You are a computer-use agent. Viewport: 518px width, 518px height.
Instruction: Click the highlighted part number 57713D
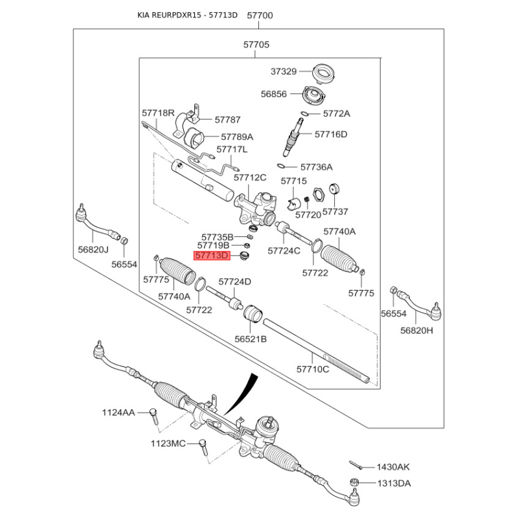(x=212, y=256)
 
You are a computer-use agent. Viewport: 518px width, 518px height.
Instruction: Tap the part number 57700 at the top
(x=260, y=16)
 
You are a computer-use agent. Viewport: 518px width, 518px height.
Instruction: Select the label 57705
(x=256, y=45)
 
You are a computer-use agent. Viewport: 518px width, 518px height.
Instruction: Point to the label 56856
(x=273, y=94)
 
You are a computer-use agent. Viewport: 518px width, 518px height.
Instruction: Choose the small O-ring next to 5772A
(x=305, y=114)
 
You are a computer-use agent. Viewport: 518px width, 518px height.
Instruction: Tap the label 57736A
(x=317, y=167)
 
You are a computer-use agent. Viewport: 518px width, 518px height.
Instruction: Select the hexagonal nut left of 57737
(x=319, y=194)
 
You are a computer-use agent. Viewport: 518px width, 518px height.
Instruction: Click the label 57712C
(x=250, y=177)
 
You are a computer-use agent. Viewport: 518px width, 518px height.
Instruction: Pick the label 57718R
(x=158, y=113)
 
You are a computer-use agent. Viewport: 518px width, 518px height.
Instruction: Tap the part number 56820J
(x=93, y=250)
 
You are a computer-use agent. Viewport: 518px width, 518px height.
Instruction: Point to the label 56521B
(x=251, y=339)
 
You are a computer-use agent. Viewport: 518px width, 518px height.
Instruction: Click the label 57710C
(x=313, y=369)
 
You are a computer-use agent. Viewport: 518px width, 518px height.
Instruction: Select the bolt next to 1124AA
(x=153, y=417)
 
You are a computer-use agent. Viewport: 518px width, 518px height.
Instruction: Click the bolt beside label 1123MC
(x=203, y=447)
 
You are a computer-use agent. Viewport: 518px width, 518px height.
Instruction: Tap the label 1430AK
(x=393, y=467)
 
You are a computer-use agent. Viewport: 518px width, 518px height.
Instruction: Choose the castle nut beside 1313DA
(x=354, y=482)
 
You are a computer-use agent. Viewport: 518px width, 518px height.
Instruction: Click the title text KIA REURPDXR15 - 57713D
(x=187, y=15)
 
